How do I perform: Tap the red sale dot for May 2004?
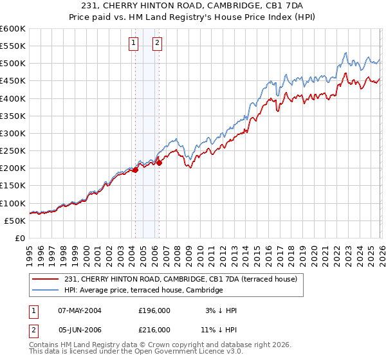[136, 170]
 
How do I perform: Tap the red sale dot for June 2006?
[159, 163]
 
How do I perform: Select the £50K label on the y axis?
[15, 221]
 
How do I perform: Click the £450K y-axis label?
[13, 81]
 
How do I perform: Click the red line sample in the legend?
[46, 280]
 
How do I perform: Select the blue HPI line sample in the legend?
[46, 291]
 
